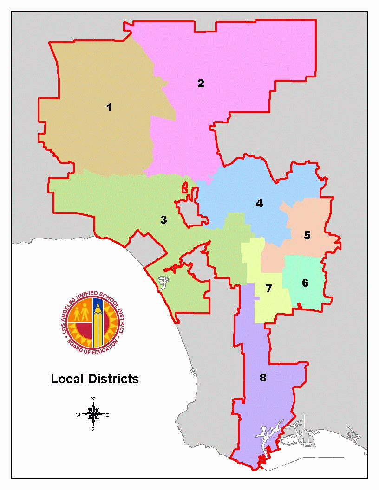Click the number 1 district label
[109, 108]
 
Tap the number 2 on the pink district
[201, 84]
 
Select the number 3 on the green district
[163, 219]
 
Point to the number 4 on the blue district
[259, 203]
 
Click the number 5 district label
[307, 235]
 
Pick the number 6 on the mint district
[305, 283]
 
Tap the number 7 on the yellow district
[268, 289]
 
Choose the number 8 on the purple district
[263, 377]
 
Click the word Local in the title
[66, 379]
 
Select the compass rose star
[93, 414]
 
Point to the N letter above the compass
[93, 399]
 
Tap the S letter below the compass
[93, 429]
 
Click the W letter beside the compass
[78, 414]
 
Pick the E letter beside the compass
[108, 415]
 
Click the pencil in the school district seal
[98, 322]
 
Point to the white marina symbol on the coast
[162, 282]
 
